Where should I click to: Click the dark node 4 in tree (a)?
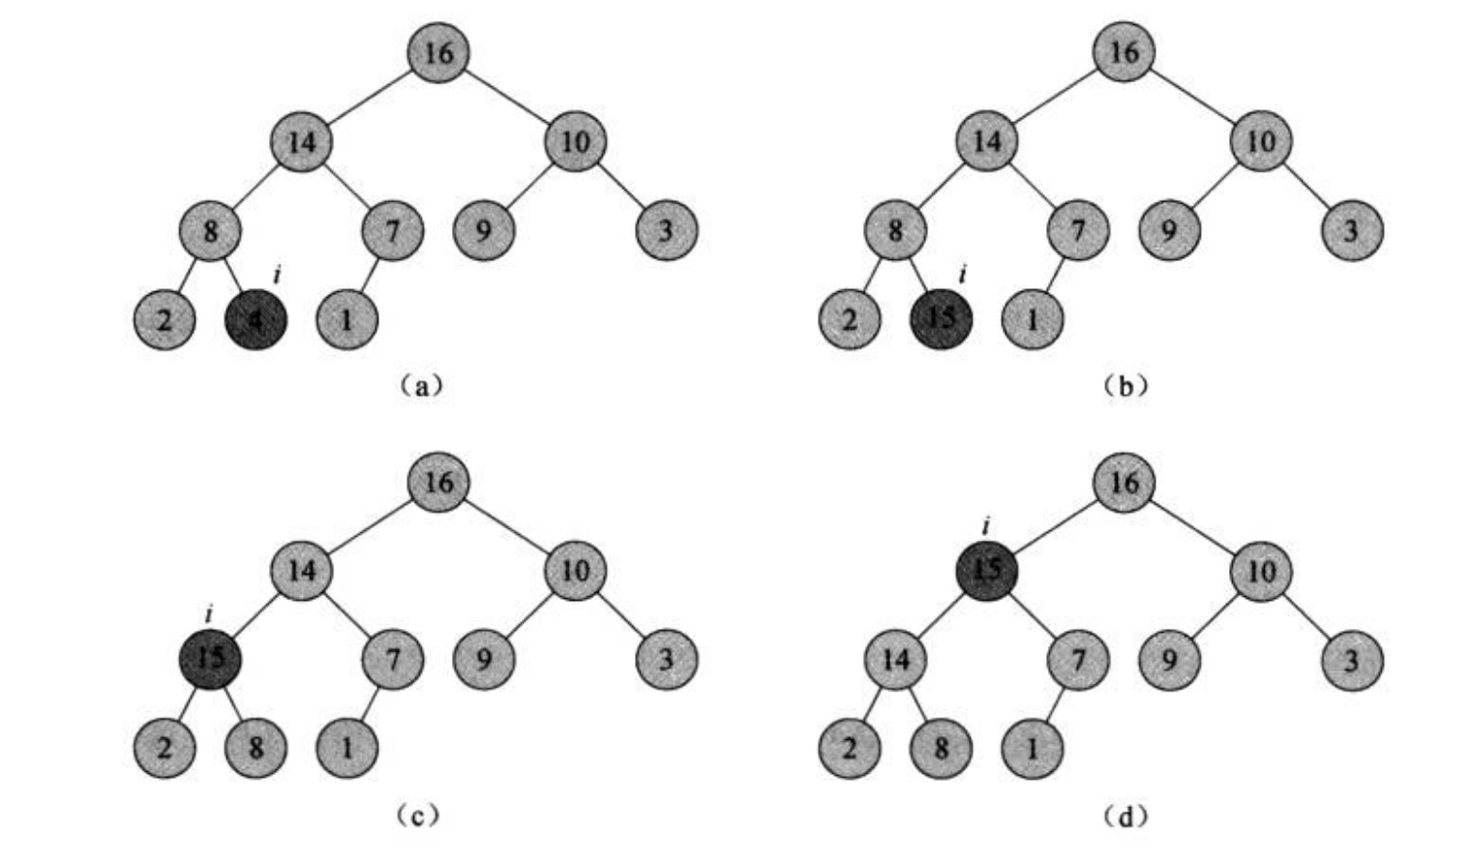[x=255, y=319]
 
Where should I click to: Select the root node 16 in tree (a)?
[x=438, y=52]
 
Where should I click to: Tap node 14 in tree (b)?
[x=986, y=142]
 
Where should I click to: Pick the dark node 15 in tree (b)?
[x=941, y=319]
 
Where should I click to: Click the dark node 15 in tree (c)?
[x=210, y=659]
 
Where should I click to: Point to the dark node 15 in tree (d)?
[x=986, y=570]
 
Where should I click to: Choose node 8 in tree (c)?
[x=255, y=748]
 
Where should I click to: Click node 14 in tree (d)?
[x=895, y=660]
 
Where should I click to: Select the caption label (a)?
[x=419, y=387]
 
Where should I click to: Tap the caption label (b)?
[x=1124, y=387]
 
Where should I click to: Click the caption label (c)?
[x=419, y=817]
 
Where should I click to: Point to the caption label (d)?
[x=1124, y=817]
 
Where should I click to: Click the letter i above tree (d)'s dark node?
[x=985, y=526]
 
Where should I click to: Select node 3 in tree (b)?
[x=1351, y=230]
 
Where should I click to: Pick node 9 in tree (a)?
[x=484, y=230]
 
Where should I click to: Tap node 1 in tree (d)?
[x=1032, y=748]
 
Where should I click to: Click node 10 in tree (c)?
[x=575, y=570]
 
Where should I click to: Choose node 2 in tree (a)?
[x=165, y=319]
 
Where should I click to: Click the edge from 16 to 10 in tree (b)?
[x=1192, y=97]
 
